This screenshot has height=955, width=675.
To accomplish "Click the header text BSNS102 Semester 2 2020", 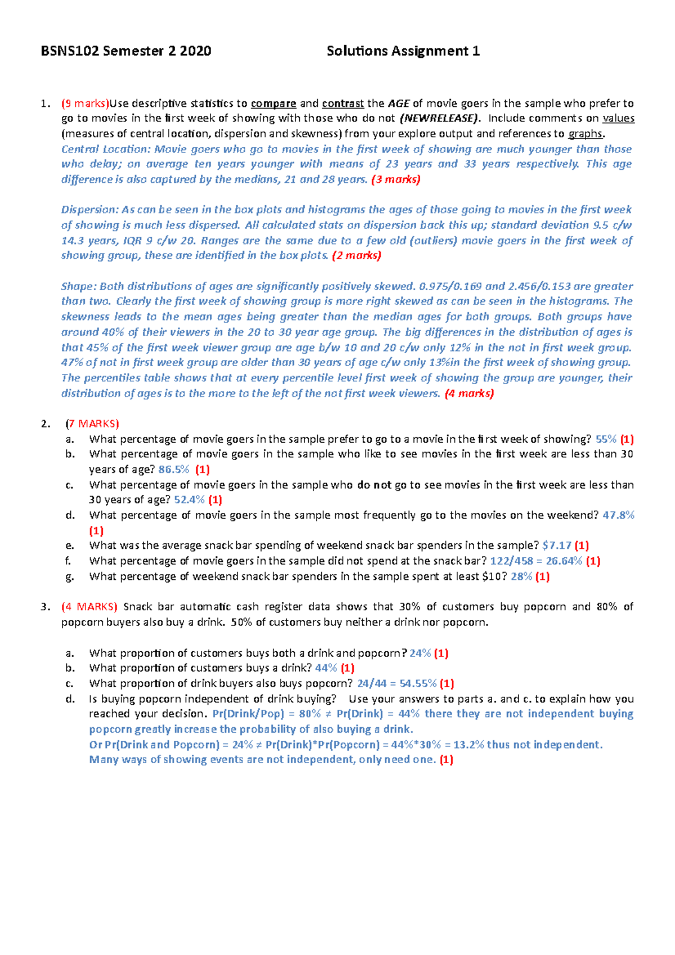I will (x=126, y=51).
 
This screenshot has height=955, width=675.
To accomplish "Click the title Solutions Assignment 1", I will (x=403, y=51).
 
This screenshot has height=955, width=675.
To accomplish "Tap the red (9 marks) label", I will (x=84, y=103).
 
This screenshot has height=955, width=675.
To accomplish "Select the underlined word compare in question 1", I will (x=273, y=103).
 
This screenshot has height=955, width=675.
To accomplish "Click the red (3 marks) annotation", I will (x=396, y=179).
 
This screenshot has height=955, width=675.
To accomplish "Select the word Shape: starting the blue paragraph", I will (x=79, y=286).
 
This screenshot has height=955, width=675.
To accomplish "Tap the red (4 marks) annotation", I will (x=469, y=394).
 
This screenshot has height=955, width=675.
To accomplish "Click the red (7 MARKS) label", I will (x=92, y=424).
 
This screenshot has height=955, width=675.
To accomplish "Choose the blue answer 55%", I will (x=606, y=439).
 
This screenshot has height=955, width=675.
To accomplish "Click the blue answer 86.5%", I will (x=174, y=469).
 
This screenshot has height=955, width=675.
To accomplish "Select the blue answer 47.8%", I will (x=618, y=515).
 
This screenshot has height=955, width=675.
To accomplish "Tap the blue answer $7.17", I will (x=557, y=546).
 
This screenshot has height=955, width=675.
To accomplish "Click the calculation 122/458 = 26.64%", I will (x=536, y=561).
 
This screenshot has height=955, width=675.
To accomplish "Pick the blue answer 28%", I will (x=521, y=576).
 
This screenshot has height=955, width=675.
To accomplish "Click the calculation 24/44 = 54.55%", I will (x=397, y=683).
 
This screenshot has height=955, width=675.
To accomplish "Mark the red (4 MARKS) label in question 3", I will (x=89, y=607).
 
